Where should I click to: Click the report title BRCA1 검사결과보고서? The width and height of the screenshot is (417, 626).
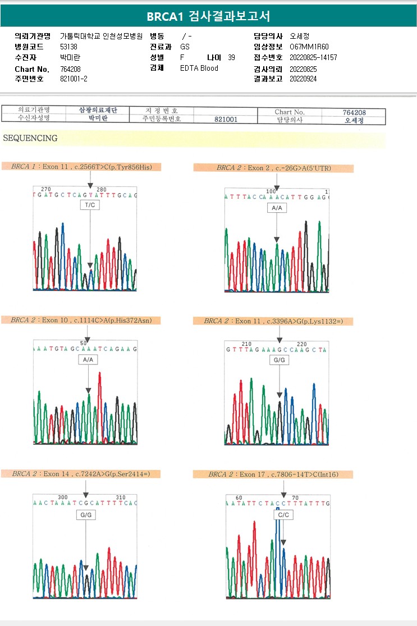pyautogui.click(x=208, y=17)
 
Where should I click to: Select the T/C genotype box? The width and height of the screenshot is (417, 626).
pyautogui.click(x=90, y=206)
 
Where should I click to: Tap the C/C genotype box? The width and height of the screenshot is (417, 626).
pyautogui.click(x=283, y=514)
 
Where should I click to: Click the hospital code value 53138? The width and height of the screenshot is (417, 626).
pyautogui.click(x=70, y=47)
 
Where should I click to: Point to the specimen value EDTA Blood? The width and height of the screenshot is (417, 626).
pyautogui.click(x=199, y=68)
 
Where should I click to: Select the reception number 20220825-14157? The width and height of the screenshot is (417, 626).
pyautogui.click(x=313, y=58)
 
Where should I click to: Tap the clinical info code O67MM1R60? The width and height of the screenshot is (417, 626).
pyautogui.click(x=309, y=47)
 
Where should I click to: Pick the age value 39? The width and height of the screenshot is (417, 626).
pyautogui.click(x=232, y=58)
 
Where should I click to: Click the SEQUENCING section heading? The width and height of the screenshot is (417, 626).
pyautogui.click(x=30, y=138)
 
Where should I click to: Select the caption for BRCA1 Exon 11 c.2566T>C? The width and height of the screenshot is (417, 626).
pyautogui.click(x=82, y=167)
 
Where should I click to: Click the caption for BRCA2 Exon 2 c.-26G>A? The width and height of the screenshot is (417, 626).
pyautogui.click(x=273, y=168)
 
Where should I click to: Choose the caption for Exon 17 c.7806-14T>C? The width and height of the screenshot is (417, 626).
pyautogui.click(x=273, y=474)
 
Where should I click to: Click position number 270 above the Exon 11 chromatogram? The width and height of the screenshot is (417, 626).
pyautogui.click(x=46, y=189)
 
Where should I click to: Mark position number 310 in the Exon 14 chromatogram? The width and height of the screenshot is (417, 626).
pyautogui.click(x=120, y=497)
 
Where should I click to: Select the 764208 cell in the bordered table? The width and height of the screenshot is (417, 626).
pyautogui.click(x=354, y=112)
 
